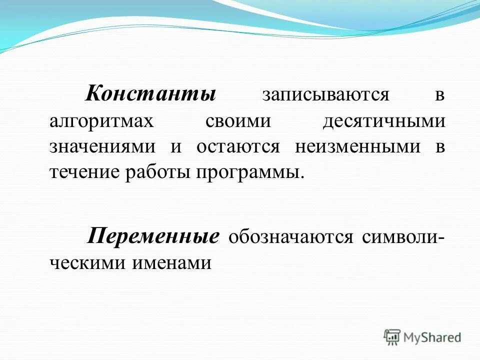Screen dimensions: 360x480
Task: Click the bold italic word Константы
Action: [x=150, y=93]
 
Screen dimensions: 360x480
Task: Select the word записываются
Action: [x=325, y=94]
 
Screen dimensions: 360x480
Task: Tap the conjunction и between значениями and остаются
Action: [x=175, y=147]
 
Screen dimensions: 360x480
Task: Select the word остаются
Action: [x=237, y=147]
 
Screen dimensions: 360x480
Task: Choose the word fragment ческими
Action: [x=87, y=263]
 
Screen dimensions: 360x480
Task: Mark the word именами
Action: [x=172, y=263]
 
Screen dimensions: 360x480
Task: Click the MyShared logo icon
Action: [x=393, y=337]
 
